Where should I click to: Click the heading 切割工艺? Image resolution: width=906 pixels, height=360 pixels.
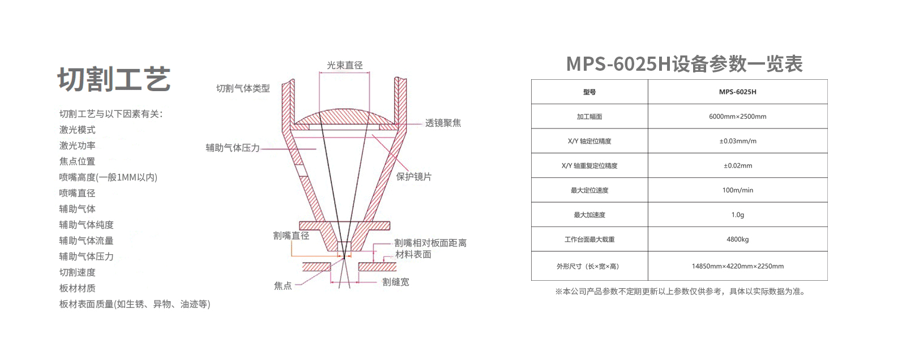click(x=114, y=79)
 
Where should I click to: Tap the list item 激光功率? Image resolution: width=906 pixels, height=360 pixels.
click(x=77, y=145)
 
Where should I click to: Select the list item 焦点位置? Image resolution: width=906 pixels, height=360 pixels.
click(x=77, y=161)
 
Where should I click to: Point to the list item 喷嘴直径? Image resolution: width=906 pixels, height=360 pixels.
click(x=77, y=193)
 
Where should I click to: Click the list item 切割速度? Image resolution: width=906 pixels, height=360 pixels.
click(x=77, y=272)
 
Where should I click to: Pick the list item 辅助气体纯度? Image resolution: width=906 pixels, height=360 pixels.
click(x=86, y=225)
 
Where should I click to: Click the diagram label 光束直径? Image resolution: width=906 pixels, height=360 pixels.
click(x=345, y=65)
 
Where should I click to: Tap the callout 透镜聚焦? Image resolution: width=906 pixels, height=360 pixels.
click(x=443, y=123)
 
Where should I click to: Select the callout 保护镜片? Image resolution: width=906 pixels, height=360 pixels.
click(x=414, y=177)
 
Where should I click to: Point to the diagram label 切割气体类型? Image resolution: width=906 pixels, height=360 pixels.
click(x=243, y=88)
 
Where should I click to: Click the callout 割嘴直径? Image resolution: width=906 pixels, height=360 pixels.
click(x=291, y=235)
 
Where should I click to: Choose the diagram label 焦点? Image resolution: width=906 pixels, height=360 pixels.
click(x=283, y=286)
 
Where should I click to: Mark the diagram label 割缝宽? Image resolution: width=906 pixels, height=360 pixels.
click(x=396, y=282)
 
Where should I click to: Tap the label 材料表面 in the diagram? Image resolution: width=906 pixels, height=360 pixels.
click(x=413, y=254)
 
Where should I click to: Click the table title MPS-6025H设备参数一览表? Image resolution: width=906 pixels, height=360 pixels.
click(x=685, y=64)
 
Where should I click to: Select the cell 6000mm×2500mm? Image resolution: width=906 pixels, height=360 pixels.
click(x=738, y=117)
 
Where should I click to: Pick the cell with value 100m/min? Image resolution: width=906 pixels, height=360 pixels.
click(x=738, y=190)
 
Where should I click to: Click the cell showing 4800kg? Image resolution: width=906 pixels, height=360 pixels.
click(x=738, y=239)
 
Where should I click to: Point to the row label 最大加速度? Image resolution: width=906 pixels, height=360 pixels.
click(x=589, y=215)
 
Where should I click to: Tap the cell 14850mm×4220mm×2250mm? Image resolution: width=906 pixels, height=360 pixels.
click(x=738, y=266)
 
